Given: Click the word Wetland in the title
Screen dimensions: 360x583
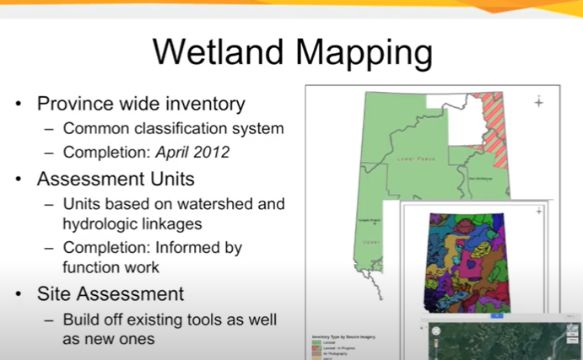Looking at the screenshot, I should point(221,52).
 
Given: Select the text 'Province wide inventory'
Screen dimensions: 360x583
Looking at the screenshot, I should point(141,105).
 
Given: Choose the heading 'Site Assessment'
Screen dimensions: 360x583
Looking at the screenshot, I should point(111,294).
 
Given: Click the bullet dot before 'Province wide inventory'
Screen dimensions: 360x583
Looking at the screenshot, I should point(18,105).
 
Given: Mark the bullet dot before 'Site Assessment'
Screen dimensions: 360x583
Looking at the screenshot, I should point(18,295).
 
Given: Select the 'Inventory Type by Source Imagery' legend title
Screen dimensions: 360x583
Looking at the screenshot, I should point(337,337).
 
